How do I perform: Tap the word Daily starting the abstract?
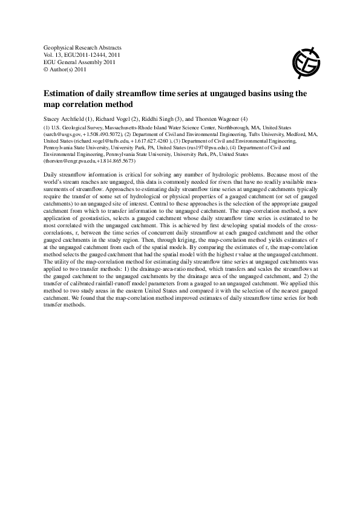click(52, 174)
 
